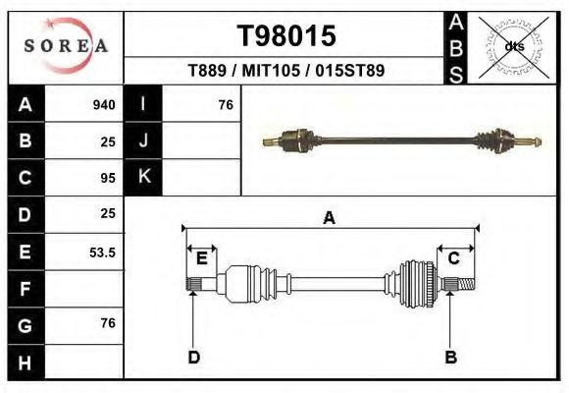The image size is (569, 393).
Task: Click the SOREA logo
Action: (x=65, y=46)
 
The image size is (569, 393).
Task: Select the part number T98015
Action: (x=286, y=36)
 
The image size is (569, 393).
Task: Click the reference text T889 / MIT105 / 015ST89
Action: (x=285, y=71)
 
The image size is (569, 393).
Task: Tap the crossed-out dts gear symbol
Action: (x=513, y=46)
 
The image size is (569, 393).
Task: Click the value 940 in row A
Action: (x=104, y=104)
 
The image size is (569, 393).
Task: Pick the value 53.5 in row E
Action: (x=103, y=253)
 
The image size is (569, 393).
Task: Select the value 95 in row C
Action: (x=108, y=178)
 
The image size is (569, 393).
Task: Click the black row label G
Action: (x=26, y=325)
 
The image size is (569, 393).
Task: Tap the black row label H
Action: (x=26, y=362)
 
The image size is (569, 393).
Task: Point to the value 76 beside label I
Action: (x=225, y=104)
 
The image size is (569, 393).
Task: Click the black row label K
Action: (x=144, y=177)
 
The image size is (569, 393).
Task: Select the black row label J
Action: (x=144, y=140)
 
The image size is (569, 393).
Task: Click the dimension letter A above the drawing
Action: (x=330, y=218)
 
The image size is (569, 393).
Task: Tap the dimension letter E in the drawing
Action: (x=201, y=258)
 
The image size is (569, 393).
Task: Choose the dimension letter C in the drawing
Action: (x=454, y=258)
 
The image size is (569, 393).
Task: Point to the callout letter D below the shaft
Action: (x=193, y=357)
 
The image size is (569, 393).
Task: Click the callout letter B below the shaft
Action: (x=451, y=357)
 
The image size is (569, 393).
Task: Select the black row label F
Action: (x=26, y=289)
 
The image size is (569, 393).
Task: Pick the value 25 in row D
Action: (x=108, y=213)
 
